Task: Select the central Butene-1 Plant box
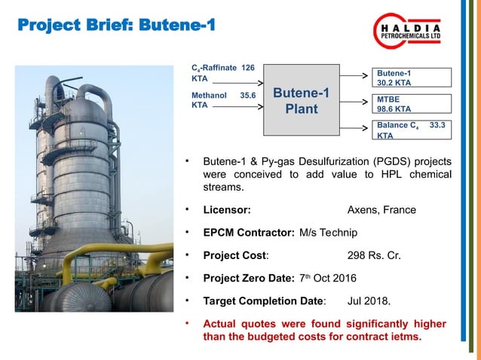coord(301,102)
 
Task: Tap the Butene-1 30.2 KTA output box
coord(412,78)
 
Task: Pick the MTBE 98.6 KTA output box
coord(412,104)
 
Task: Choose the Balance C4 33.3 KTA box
coord(412,130)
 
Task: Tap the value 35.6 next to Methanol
coord(247,96)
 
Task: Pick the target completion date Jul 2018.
coord(369,302)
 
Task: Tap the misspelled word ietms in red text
coord(406,336)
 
